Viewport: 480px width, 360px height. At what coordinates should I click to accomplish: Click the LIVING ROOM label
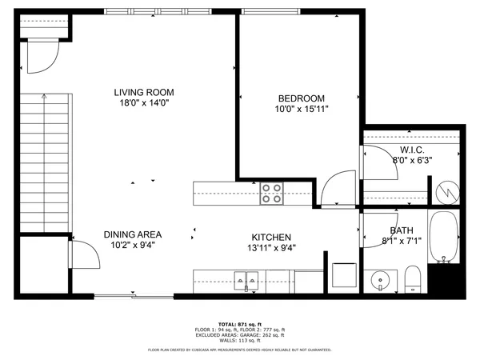(x=143, y=92)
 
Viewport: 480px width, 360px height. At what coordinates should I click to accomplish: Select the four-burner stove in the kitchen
(x=272, y=194)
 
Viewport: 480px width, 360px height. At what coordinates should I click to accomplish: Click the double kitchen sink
(x=246, y=279)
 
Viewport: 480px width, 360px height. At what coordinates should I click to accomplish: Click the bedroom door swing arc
(x=337, y=190)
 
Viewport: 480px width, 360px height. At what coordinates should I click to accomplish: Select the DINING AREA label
(x=133, y=234)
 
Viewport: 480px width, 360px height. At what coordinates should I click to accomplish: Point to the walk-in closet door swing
(x=375, y=165)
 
